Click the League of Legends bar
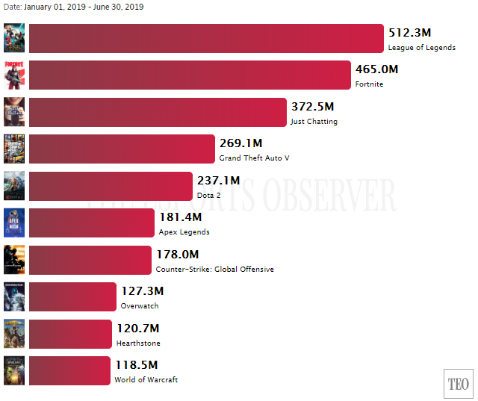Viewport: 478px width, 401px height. (x=206, y=39)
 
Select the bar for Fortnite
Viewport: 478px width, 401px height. (x=190, y=75)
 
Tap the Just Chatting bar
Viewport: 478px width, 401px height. (x=158, y=112)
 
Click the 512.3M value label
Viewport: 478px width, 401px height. (x=410, y=33)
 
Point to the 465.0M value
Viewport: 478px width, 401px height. (x=376, y=69)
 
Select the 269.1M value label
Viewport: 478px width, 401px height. (x=240, y=143)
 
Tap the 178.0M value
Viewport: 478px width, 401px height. (x=178, y=255)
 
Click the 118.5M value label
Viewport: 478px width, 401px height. (x=136, y=365)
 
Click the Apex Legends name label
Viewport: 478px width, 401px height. (x=184, y=232)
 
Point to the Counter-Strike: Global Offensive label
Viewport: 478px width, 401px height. (x=214, y=270)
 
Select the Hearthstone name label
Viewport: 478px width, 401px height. (x=138, y=344)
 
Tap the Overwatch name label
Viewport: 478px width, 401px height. (x=140, y=306)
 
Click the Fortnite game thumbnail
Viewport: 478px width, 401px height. (x=14, y=75)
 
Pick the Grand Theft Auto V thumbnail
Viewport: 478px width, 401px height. (x=14, y=149)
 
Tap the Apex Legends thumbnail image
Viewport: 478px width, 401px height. (x=14, y=223)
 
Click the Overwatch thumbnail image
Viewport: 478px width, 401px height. (x=14, y=296)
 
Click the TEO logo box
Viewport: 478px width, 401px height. (x=459, y=384)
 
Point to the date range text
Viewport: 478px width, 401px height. (x=72, y=7)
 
